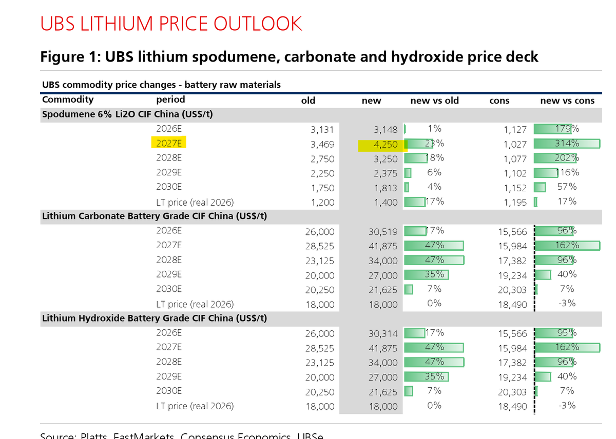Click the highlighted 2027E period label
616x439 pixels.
pos(169,143)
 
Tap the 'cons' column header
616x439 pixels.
pos(499,101)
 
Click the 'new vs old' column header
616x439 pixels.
pos(434,101)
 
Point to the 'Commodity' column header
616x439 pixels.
pos(68,99)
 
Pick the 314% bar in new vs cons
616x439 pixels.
pos(567,144)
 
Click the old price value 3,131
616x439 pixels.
pos(322,130)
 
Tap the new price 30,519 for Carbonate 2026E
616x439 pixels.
pos(383,232)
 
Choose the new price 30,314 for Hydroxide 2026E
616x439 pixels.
pos(383,334)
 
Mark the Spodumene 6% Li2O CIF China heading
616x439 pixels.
pos(127,114)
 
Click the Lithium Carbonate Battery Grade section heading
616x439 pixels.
pos(154,216)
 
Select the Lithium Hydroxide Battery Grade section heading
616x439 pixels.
pos(154,318)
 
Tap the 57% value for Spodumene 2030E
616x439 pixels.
pos(567,187)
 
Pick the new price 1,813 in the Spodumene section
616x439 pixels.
pos(386,188)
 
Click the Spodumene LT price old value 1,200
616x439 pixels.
pos(322,203)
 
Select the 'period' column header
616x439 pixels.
pos(170,99)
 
